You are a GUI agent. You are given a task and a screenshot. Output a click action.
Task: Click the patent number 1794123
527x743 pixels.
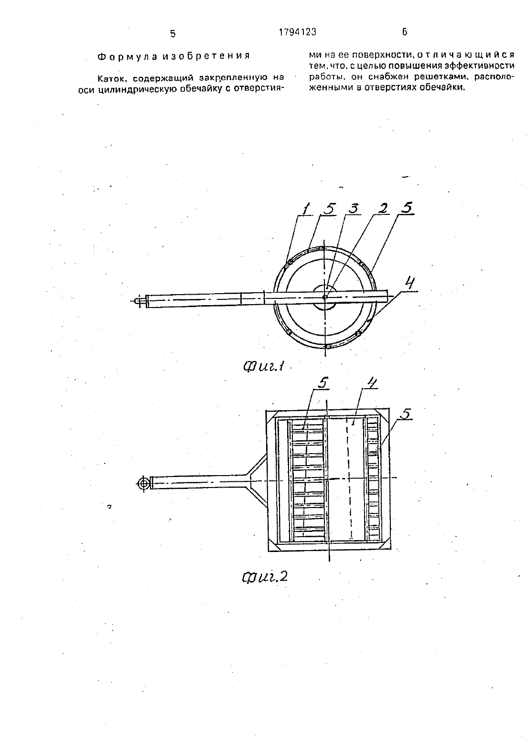click(x=298, y=32)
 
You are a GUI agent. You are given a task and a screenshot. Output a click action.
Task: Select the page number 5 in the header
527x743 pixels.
click(x=172, y=33)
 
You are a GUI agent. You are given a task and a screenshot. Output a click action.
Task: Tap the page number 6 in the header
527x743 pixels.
click(x=404, y=32)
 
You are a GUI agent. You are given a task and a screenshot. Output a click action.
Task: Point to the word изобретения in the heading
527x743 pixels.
click(x=206, y=56)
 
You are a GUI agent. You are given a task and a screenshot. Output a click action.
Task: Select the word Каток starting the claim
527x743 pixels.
click(x=111, y=79)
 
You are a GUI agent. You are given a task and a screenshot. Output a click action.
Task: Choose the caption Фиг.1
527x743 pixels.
click(x=264, y=366)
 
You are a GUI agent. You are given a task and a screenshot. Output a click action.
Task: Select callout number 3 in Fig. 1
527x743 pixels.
click(x=353, y=209)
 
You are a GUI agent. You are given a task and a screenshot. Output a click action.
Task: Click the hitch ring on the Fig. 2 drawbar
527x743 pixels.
click(x=143, y=483)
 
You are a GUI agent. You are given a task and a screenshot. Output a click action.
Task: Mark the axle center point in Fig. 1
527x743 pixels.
click(x=325, y=297)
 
